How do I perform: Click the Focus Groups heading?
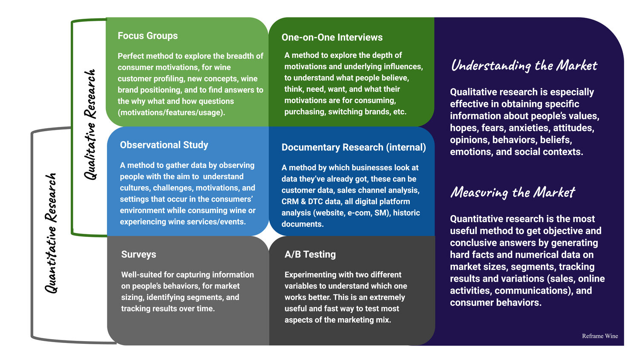click(147, 36)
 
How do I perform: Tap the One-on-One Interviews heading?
click(332, 37)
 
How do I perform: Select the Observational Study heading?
click(164, 145)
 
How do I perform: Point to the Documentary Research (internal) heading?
click(353, 147)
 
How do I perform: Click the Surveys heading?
click(138, 254)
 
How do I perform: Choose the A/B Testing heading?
click(310, 254)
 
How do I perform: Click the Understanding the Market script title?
click(524, 66)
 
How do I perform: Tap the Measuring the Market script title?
click(512, 193)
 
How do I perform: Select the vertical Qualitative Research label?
click(90, 124)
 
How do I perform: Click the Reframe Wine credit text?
click(600, 336)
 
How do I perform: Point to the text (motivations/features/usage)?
click(171, 112)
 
